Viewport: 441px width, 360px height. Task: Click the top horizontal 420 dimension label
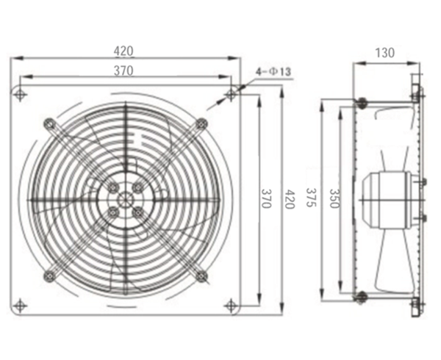[123, 51]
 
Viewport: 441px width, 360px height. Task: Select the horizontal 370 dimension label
[123, 71]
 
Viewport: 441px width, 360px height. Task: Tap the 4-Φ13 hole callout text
[273, 72]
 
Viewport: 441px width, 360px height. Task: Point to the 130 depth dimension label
[384, 53]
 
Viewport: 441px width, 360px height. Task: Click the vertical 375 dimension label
[311, 198]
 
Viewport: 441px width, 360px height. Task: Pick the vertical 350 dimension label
[334, 198]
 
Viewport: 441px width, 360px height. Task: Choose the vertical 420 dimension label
[290, 199]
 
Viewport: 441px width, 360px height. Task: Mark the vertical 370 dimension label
[266, 198]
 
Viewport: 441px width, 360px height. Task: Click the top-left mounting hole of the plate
[20, 95]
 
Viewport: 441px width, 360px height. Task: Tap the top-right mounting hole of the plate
[232, 95]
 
